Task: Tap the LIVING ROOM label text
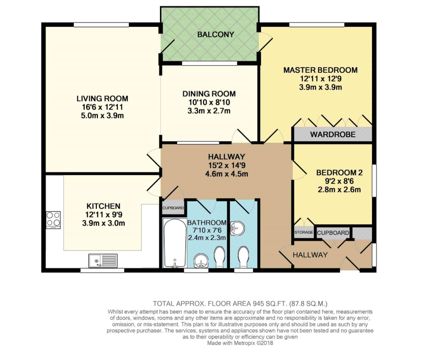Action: point(102,98)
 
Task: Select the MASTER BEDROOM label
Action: point(320,70)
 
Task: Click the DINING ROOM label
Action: point(209,94)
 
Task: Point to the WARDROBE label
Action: point(332,135)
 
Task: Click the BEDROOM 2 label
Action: point(339,172)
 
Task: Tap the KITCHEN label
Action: point(103,206)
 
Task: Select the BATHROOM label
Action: point(207,222)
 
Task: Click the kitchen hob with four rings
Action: point(53,219)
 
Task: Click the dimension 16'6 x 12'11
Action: point(102,107)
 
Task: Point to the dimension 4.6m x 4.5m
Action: point(226,174)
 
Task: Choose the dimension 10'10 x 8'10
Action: point(209,102)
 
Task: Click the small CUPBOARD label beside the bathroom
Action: point(173,208)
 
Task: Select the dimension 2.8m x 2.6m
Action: point(339,189)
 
